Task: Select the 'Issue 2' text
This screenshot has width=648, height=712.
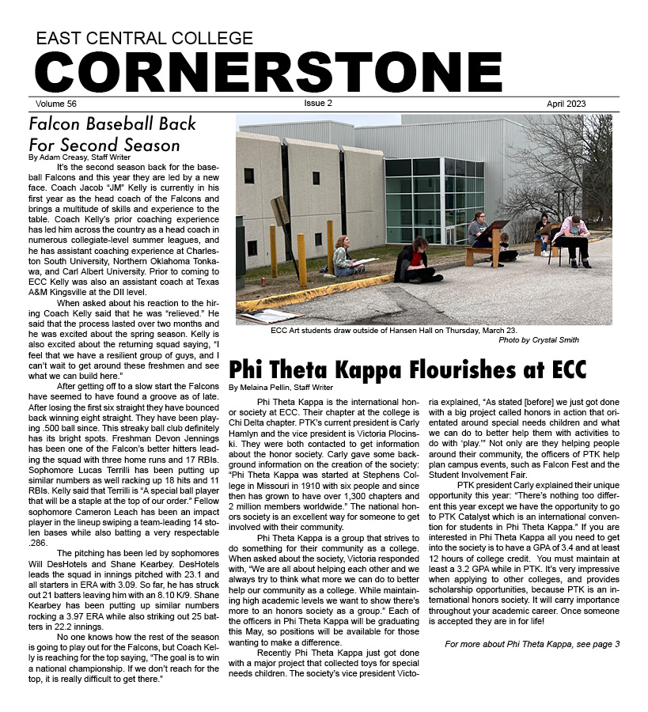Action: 318,104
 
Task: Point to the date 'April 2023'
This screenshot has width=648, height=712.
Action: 566,104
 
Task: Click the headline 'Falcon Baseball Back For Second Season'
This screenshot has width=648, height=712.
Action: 112,134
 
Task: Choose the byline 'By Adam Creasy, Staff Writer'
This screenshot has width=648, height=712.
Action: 80,157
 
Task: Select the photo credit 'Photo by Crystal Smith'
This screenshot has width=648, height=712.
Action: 538,340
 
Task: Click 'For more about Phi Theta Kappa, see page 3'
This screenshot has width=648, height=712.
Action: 532,645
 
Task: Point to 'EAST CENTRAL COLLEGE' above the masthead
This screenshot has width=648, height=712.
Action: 144,38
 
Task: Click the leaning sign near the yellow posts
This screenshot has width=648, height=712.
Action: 281,214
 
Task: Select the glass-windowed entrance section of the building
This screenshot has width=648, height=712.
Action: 434,198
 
